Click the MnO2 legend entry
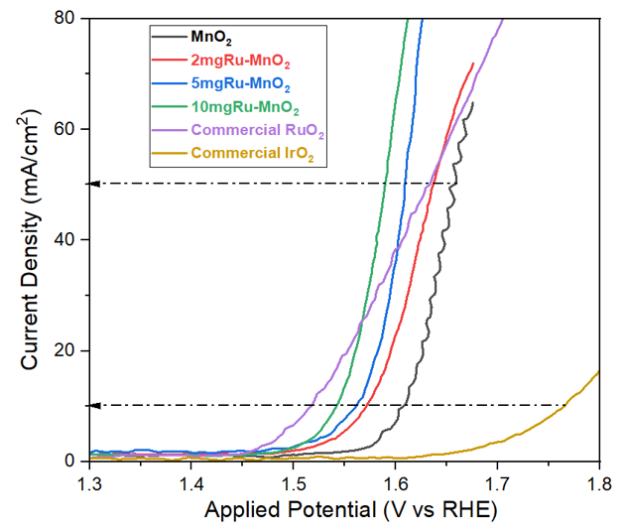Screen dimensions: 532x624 (x=209, y=40)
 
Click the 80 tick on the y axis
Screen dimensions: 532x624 (x=69, y=18)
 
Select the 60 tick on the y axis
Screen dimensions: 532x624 (x=69, y=129)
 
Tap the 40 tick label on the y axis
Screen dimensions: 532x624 (x=69, y=240)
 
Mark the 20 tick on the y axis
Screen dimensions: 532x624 (x=69, y=350)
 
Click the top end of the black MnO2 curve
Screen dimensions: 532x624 (x=472, y=102)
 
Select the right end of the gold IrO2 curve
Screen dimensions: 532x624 (x=599, y=371)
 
